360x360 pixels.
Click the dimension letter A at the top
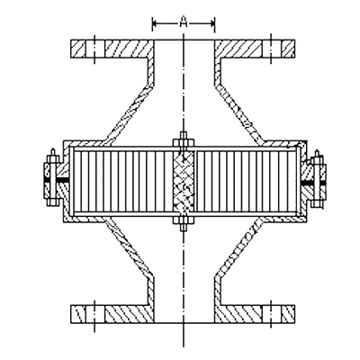[184, 22]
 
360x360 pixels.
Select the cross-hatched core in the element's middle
[184, 181]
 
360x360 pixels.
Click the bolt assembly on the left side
[52, 179]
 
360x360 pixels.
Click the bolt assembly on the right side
[317, 179]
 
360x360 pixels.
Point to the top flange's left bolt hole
[94, 49]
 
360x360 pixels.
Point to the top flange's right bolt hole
[272, 49]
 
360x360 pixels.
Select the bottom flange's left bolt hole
[94, 314]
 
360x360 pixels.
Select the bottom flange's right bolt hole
[272, 314]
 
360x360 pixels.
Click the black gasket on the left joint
[57, 179]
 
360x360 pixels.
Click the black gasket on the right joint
[314, 183]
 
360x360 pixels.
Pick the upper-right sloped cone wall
[238, 113]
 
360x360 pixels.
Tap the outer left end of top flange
[71, 49]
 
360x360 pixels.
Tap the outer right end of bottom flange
[294, 314]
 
